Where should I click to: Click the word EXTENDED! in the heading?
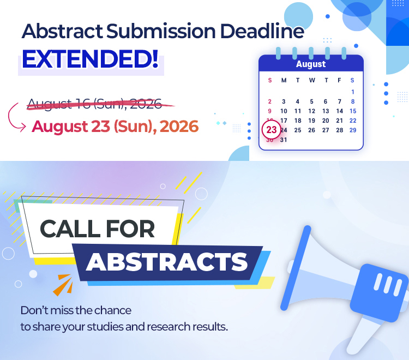pos(90,59)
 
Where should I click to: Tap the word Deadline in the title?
pos(262,31)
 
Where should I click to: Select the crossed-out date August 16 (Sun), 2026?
pos(94,104)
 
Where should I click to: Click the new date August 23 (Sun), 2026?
pos(115,127)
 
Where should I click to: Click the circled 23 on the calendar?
pos(271,130)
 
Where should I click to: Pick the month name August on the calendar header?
pos(311,64)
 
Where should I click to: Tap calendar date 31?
pos(284,140)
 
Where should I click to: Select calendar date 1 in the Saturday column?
pos(353,92)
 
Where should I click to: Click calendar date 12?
pos(311,111)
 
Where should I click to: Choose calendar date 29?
pos(353,130)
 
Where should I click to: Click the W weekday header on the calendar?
pos(312,80)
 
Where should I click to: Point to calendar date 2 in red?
pos(270,101)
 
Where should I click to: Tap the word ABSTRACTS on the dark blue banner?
pos(167,262)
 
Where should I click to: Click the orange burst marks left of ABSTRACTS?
pos(64,284)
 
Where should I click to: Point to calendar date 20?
pos(325,121)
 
